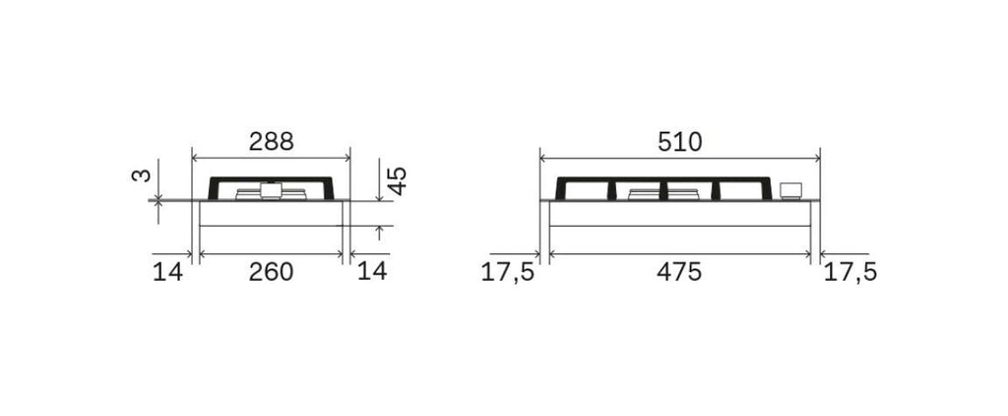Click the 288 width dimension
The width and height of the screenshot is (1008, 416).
pos(272,141)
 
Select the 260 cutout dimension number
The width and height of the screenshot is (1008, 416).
pos(272,272)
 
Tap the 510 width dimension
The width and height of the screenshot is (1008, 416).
pos(680,142)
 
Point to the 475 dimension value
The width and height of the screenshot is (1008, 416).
pos(679,272)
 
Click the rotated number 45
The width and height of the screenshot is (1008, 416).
pos(398,181)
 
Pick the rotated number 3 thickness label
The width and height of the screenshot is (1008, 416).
pos(142,175)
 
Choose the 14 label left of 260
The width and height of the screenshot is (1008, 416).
pos(167,272)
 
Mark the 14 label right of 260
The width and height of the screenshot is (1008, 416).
pos(372,271)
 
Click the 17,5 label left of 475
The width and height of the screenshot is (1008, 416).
pos(508,272)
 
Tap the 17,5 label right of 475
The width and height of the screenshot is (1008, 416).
pos(850,272)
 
